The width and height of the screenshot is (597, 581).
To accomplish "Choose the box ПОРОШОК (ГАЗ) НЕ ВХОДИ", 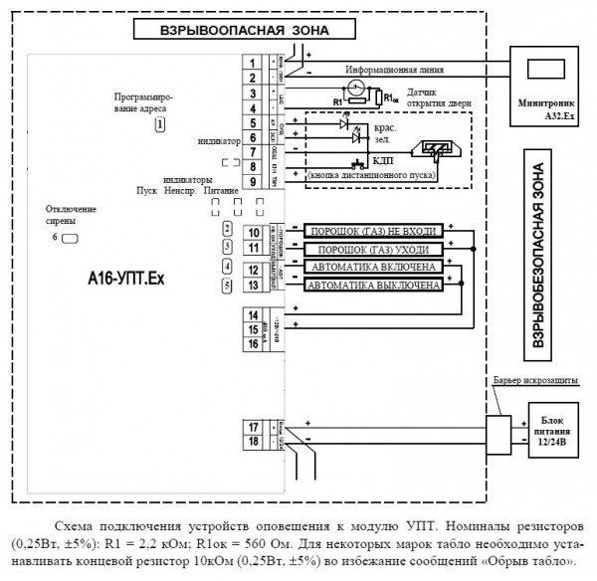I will tap(373, 231).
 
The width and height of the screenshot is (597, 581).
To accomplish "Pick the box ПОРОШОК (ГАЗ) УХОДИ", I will tap(373, 249).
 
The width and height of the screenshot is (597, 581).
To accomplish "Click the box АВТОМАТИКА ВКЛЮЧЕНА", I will tap(373, 269).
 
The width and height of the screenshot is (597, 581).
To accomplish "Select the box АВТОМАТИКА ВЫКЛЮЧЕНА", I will tap(373, 287).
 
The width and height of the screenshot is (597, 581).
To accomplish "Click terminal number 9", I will tap(254, 181).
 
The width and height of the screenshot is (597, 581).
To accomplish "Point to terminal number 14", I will tap(254, 315).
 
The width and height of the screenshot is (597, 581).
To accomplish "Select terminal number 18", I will tap(254, 442).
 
